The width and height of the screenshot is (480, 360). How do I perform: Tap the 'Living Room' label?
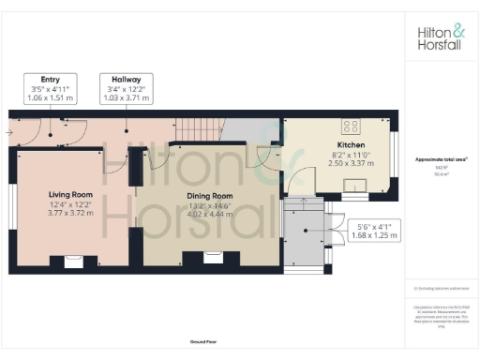point(72,195)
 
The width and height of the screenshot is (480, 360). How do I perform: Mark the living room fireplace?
point(72,262)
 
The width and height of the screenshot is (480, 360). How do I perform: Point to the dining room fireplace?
point(210,262)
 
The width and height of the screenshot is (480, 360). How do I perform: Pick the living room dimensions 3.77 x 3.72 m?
point(72,213)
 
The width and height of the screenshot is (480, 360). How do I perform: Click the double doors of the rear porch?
point(332,230)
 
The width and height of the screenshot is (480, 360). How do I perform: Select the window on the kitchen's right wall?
point(395,157)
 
